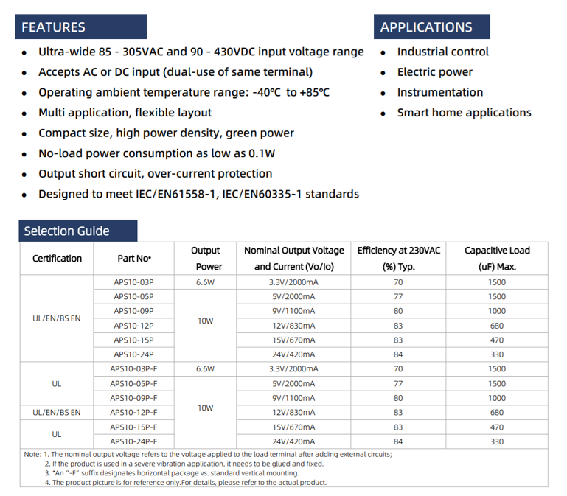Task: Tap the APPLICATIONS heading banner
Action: tap(431, 27)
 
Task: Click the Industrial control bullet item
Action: tap(442, 52)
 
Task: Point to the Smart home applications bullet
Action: tap(464, 113)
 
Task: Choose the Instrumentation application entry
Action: tap(439, 92)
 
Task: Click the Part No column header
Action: tap(134, 259)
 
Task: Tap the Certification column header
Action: tap(57, 259)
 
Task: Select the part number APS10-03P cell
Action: tap(133, 282)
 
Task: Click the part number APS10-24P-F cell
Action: tap(133, 441)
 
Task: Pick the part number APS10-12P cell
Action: tap(133, 326)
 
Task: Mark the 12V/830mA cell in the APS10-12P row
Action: tap(294, 326)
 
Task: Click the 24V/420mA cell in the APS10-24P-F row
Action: tap(294, 441)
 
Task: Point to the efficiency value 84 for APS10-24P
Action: tap(398, 354)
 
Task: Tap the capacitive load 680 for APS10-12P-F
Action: tap(497, 413)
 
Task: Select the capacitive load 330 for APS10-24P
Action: tap(497, 354)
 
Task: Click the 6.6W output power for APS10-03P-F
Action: tap(205, 369)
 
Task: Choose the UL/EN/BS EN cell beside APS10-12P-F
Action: tap(57, 413)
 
